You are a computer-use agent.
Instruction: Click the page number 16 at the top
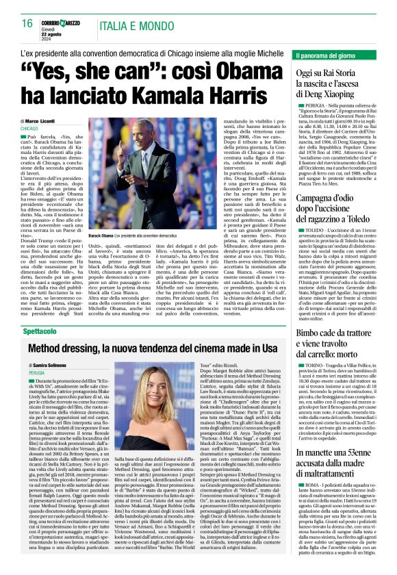27,23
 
